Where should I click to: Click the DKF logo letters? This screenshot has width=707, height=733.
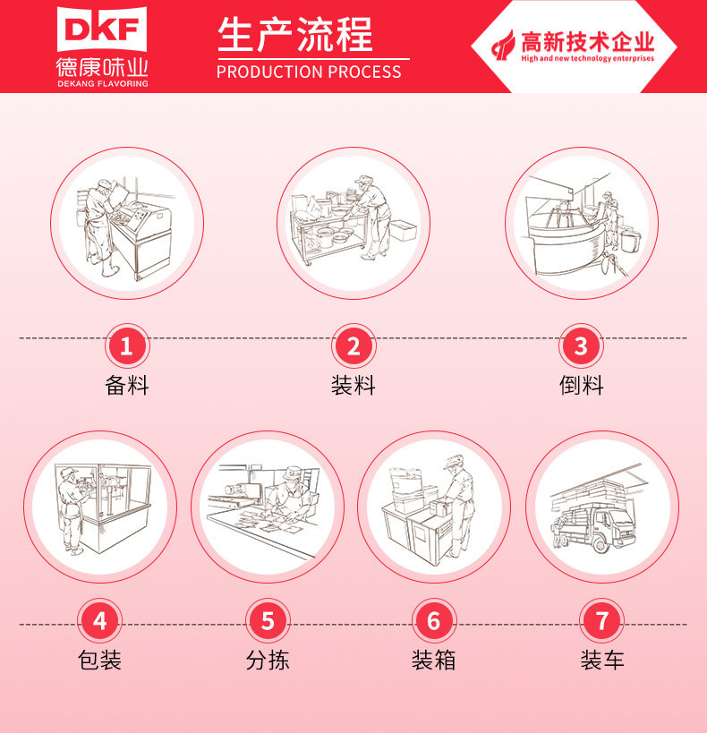(x=102, y=30)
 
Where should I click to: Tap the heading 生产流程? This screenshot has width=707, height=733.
(x=294, y=35)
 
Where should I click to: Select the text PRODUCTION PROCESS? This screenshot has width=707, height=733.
(x=309, y=72)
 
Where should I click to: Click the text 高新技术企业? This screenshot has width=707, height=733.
(x=588, y=41)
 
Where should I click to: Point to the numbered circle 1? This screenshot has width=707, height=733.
(x=126, y=345)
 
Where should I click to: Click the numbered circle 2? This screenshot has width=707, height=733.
(x=353, y=345)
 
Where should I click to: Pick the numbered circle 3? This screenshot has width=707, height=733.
(x=581, y=345)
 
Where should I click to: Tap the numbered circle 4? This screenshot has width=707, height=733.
(x=99, y=620)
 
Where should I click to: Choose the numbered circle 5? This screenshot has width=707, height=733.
(x=268, y=620)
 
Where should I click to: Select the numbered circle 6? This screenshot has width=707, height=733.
(x=434, y=620)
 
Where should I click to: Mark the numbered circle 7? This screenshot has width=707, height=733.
(x=601, y=620)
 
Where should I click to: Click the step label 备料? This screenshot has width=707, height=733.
(x=126, y=386)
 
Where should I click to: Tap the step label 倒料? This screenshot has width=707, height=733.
(x=582, y=386)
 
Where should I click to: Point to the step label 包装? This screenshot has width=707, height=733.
(x=99, y=661)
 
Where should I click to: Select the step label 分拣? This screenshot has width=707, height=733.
(x=268, y=661)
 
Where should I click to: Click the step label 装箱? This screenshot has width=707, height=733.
(x=434, y=661)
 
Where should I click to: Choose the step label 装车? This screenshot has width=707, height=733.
(x=601, y=661)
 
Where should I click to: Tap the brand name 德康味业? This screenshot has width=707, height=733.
(x=102, y=66)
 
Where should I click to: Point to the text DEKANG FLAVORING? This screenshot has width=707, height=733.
(x=102, y=83)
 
